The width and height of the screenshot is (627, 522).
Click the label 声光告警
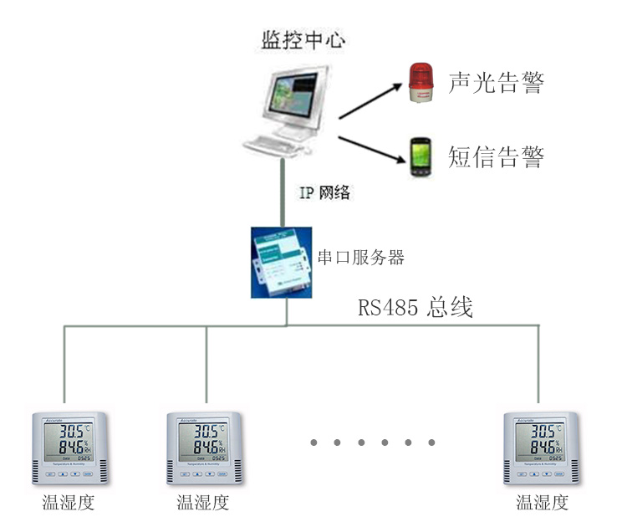click(x=496, y=84)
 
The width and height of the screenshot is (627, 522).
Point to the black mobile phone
click(x=419, y=158)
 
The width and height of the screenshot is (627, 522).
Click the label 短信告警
click(x=496, y=157)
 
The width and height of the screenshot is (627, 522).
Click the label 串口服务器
click(x=362, y=258)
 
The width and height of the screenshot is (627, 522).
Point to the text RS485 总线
click(x=415, y=308)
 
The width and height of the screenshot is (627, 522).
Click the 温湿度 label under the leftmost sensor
click(x=68, y=503)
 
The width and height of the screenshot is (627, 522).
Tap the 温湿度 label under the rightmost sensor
click(x=542, y=503)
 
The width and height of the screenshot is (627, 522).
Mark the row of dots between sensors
click(x=373, y=442)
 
